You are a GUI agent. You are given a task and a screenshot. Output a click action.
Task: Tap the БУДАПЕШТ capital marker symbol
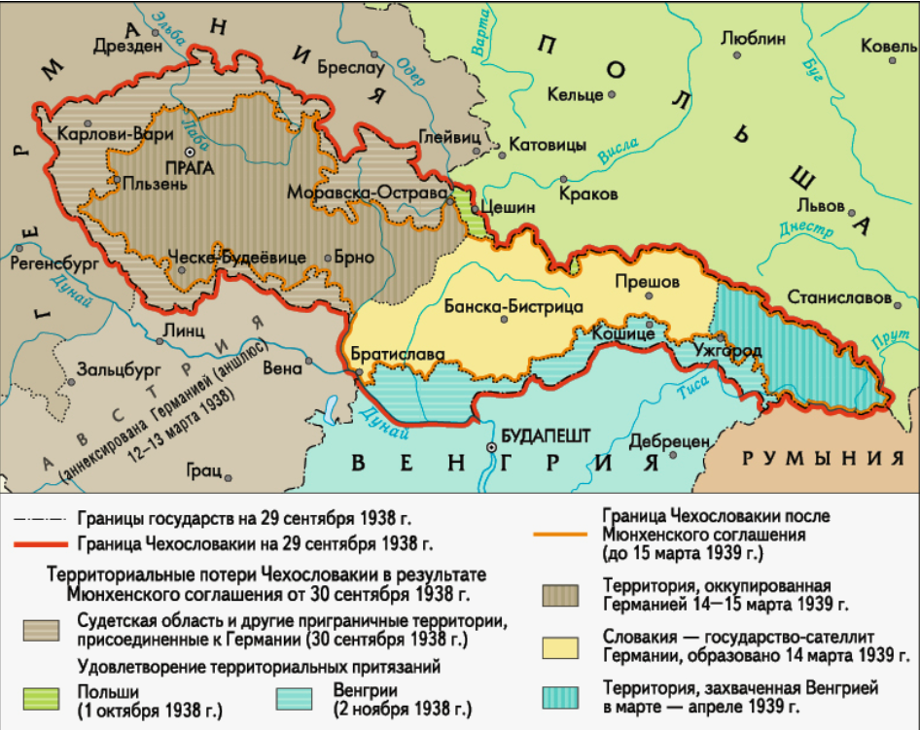tap(491, 448)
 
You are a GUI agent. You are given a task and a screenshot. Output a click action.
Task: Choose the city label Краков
tap(588, 194)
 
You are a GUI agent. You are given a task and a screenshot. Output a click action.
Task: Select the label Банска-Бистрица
tap(513, 307)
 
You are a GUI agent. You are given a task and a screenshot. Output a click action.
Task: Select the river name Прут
tap(883, 337)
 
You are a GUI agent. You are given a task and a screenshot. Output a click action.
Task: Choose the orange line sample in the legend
tap(564, 534)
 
